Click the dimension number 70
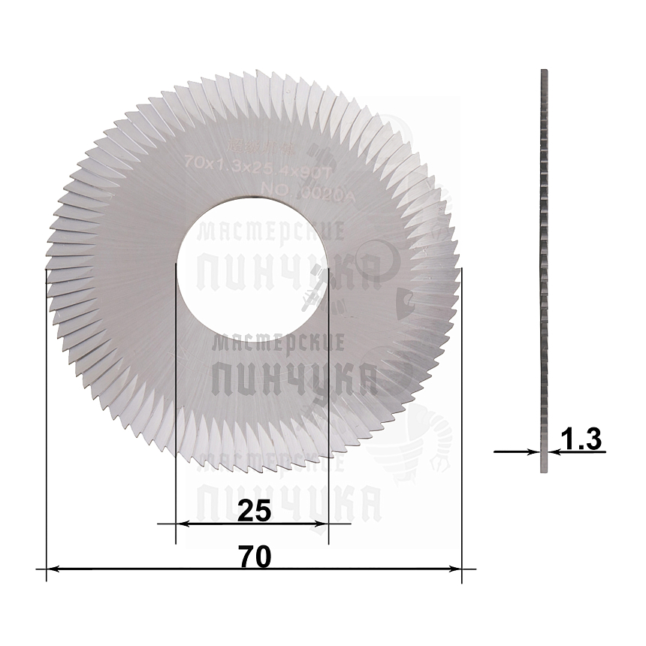[254, 557]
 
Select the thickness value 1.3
[582, 439]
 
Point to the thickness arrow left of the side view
[518, 451]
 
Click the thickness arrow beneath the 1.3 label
[575, 451]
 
